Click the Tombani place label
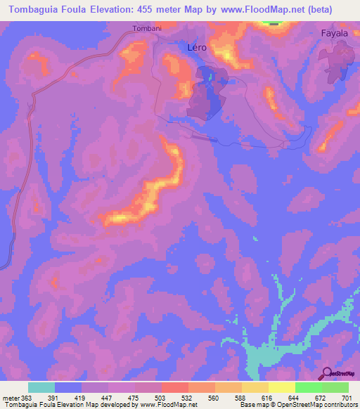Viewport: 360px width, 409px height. point(147,29)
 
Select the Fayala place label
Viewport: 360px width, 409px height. point(334,33)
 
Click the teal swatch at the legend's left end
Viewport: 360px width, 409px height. point(41,387)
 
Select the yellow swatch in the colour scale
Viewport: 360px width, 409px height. point(281,387)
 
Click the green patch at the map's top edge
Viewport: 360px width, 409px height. point(274,22)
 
